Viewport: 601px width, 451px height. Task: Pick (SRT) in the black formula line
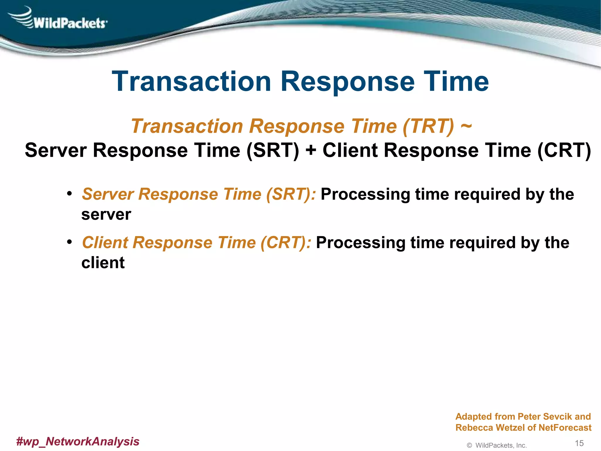point(273,151)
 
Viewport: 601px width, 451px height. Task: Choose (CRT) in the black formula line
point(564,151)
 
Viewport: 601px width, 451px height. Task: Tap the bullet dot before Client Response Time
point(69,242)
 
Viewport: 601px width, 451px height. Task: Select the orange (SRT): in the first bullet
point(291,194)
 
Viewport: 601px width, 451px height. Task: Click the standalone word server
point(106,215)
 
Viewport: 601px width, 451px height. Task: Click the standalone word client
point(103,263)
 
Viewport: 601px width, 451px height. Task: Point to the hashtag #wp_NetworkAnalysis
point(78,441)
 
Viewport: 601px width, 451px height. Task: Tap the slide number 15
point(579,443)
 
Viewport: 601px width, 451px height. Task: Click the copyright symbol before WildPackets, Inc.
point(469,445)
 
